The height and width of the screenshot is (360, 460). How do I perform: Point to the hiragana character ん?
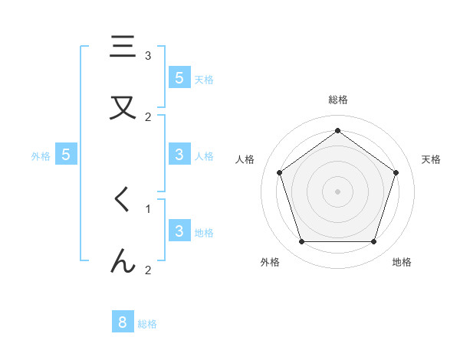tap(123, 261)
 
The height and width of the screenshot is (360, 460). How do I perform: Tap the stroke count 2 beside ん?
tap(148, 270)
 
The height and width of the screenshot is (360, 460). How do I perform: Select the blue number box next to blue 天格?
tap(179, 78)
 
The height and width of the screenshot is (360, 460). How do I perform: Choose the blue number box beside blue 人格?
tap(179, 155)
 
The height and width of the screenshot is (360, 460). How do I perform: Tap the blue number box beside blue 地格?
tap(179, 231)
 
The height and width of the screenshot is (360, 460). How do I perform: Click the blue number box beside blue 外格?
tap(66, 155)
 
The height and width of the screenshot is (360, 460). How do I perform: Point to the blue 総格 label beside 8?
tap(147, 324)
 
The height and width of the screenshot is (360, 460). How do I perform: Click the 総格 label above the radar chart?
tap(338, 100)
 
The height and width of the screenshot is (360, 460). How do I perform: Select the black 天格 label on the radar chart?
tap(432, 159)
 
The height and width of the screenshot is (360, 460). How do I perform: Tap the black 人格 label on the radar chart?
tap(245, 159)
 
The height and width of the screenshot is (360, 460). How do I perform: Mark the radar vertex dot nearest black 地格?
tap(373, 242)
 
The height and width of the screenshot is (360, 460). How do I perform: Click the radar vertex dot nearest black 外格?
tap(301, 242)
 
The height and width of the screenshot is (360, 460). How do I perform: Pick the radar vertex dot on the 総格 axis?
tap(338, 130)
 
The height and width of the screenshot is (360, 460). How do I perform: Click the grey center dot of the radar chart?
tap(338, 191)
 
